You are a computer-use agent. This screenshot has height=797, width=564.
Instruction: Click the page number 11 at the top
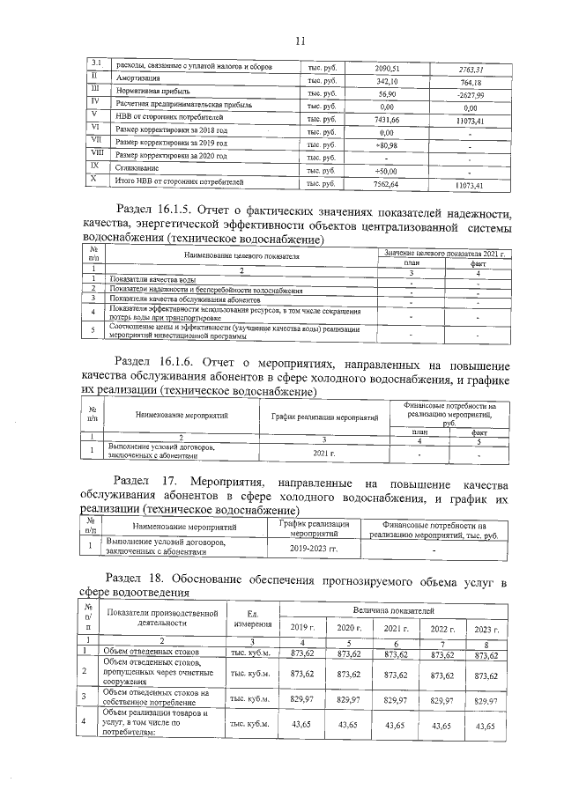298,40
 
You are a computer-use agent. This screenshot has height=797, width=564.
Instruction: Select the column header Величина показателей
392,609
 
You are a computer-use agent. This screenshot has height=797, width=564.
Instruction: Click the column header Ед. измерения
252,618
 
